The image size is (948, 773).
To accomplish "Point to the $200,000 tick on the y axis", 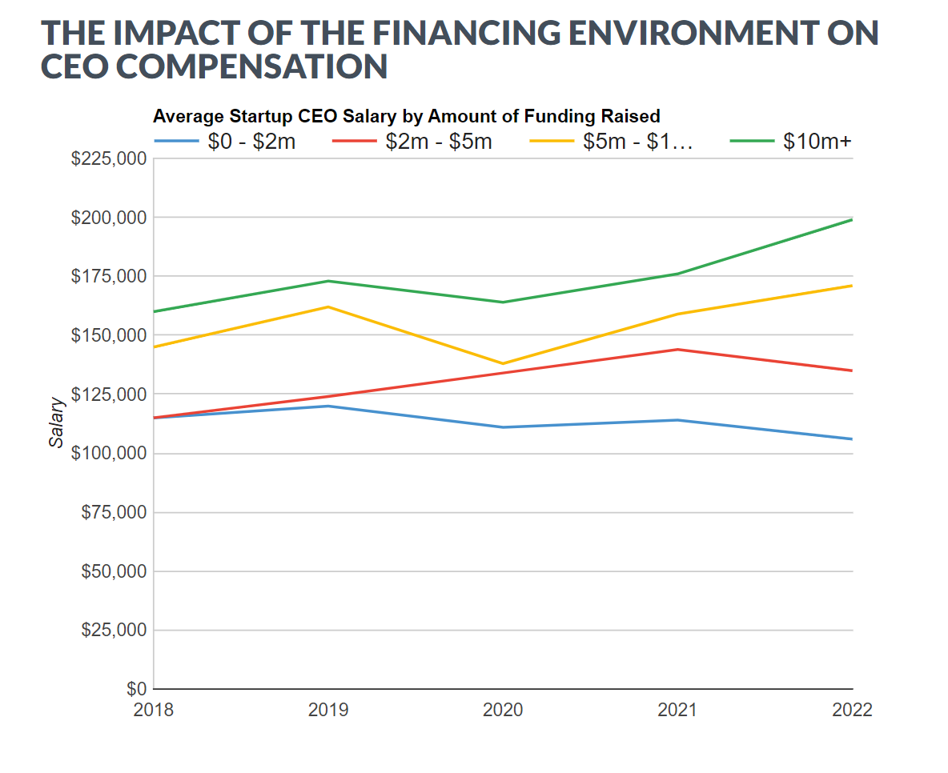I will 109,218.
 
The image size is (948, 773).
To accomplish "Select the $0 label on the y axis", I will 136,689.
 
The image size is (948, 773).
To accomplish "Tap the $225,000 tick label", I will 109,158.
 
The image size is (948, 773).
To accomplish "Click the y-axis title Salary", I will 56,423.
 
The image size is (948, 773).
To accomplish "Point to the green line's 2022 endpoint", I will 852,219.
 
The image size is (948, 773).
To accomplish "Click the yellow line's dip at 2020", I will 503,363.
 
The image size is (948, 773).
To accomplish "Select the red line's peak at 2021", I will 678,349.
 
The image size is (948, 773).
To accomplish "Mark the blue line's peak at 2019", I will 328,406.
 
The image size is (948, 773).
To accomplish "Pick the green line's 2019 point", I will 328,281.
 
